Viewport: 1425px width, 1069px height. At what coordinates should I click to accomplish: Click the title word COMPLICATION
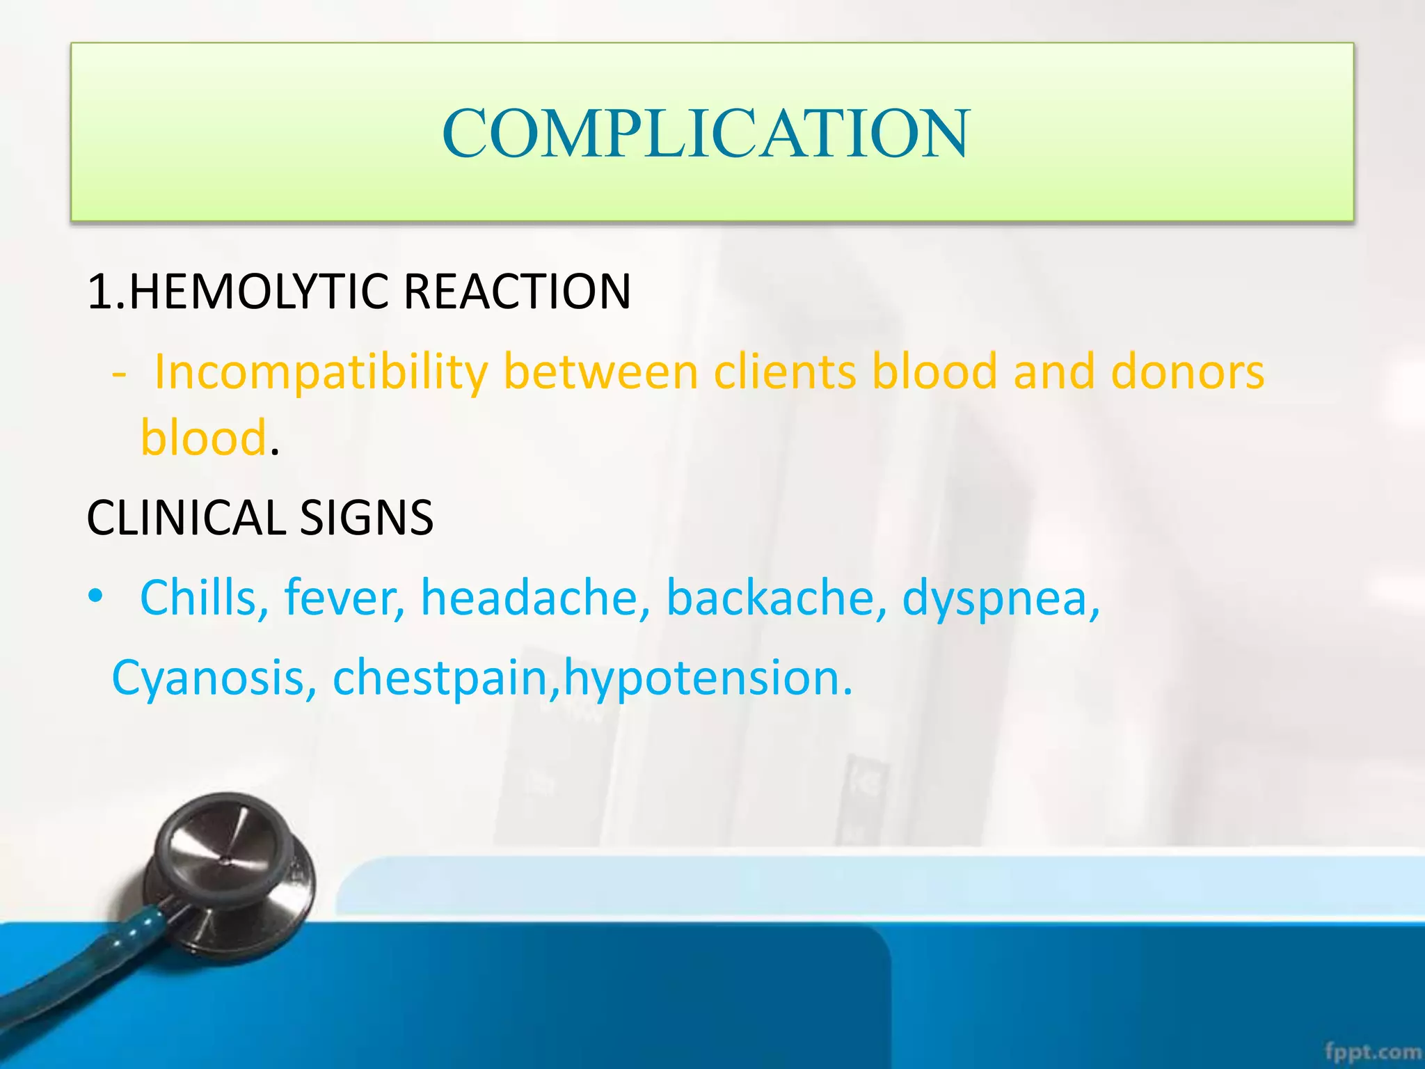705,133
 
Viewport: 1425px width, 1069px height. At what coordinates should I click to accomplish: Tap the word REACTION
517,291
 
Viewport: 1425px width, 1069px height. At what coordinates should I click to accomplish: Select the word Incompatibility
321,372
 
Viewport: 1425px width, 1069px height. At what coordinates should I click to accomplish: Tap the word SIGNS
366,518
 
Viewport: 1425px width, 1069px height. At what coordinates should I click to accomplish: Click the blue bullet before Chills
95,596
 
